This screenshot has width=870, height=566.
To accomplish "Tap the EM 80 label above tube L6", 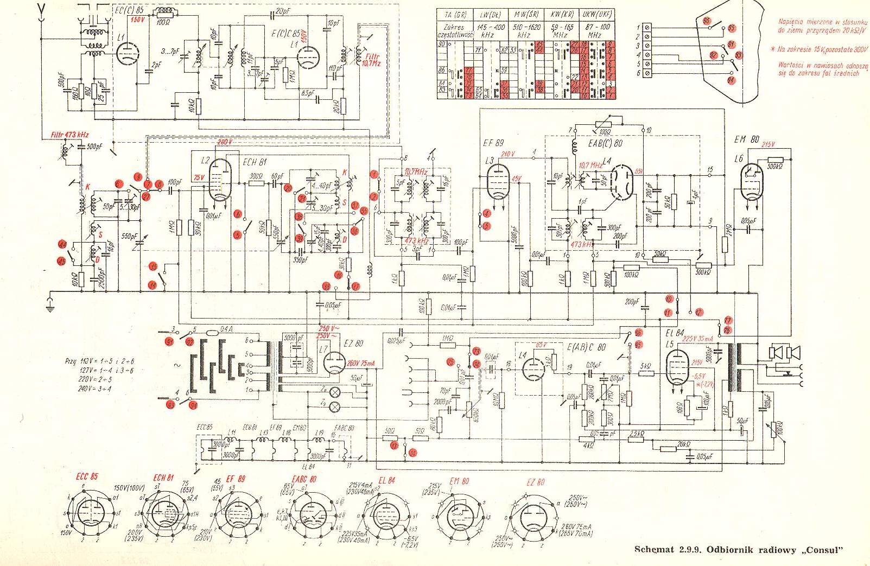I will point(746,139).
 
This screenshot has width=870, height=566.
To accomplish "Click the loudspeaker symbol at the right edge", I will point(784,353).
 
